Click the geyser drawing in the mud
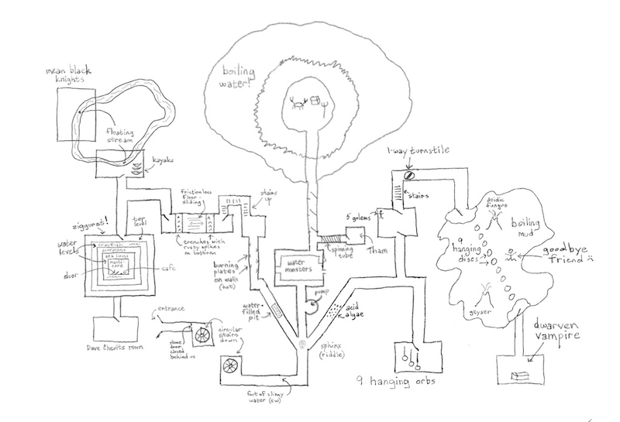pos(487,295)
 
